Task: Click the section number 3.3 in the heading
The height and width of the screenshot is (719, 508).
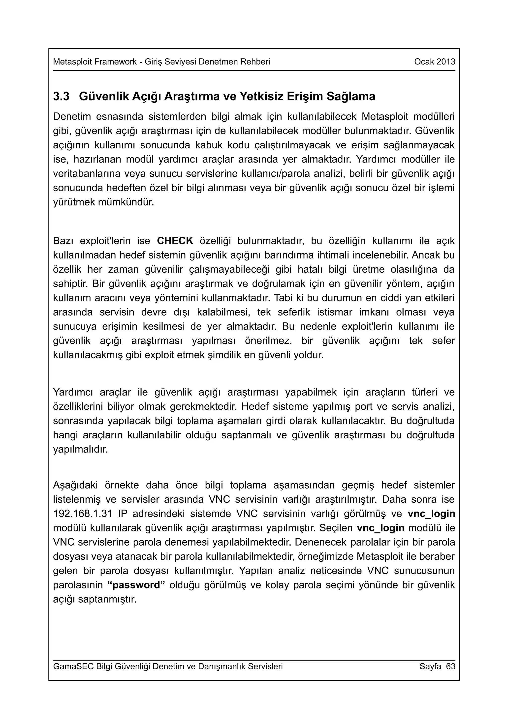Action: [61, 97]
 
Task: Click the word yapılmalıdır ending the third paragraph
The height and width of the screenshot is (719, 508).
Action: [80, 450]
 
